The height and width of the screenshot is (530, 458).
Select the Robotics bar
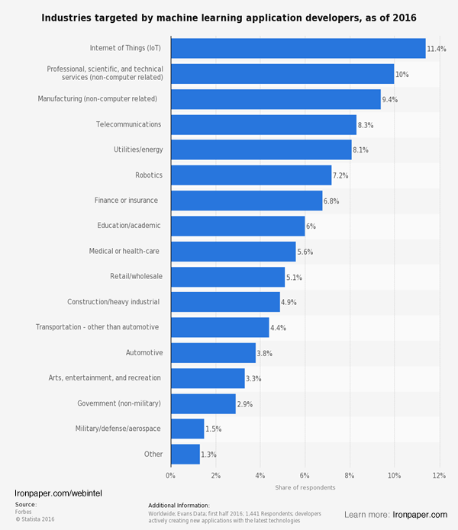point(251,175)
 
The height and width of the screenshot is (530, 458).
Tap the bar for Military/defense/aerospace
point(187,429)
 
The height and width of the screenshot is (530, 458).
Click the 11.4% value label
point(436,49)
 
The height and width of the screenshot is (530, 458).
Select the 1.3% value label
point(208,455)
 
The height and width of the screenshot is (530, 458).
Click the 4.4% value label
point(279,328)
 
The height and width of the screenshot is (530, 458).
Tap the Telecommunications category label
point(128,124)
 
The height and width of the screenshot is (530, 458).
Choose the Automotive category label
point(144,352)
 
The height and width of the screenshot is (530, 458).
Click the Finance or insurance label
point(127,201)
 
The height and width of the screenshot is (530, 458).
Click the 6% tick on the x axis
point(305,475)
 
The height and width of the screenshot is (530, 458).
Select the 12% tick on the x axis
point(439,475)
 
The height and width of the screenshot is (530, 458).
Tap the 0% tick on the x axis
point(171,475)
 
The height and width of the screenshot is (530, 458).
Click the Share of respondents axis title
point(305,488)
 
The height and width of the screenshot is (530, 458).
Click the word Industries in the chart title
point(68,17)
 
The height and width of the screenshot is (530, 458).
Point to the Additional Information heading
point(179,505)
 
